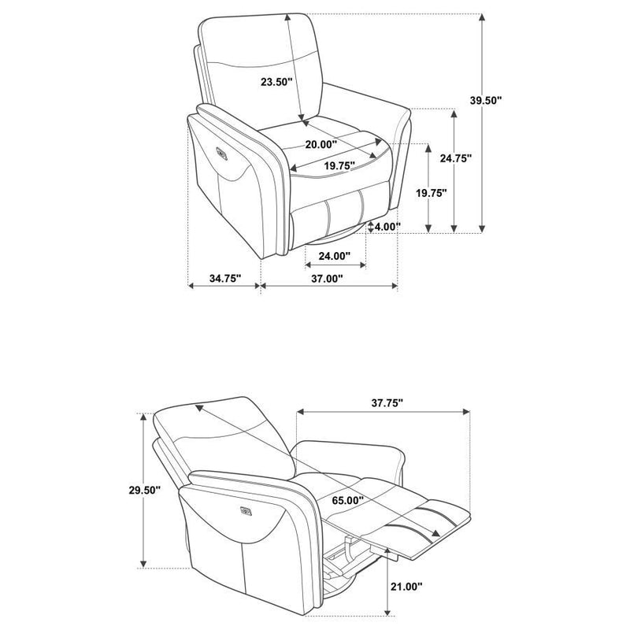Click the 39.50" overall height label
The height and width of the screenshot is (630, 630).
click(486, 100)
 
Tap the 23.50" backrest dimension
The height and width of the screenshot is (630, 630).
click(276, 81)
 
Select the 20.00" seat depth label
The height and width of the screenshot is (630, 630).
click(321, 144)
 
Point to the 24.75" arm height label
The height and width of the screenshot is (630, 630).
click(456, 157)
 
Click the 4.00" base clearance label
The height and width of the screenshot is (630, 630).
click(387, 227)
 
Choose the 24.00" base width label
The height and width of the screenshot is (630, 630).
click(334, 255)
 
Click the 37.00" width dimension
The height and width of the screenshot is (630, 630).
click(327, 279)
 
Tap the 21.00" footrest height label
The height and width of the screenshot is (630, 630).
click(406, 586)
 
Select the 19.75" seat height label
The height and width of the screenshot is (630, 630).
click(432, 193)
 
